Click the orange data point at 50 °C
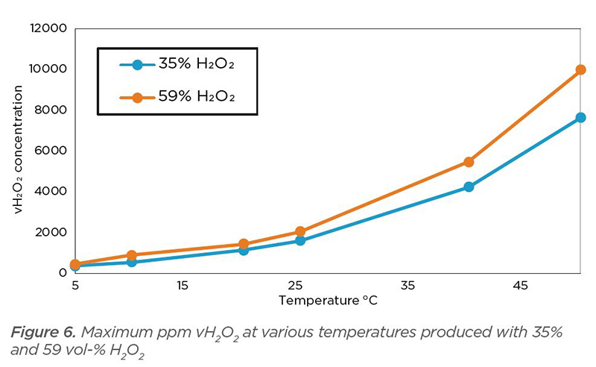[x=580, y=70]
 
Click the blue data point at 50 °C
[x=580, y=118]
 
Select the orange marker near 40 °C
[x=469, y=162]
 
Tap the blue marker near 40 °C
[x=469, y=186]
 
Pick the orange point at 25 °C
[x=299, y=232]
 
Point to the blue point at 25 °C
[x=299, y=241]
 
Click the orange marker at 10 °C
[x=131, y=255]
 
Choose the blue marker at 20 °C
[x=244, y=250]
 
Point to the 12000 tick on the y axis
[x=49, y=28]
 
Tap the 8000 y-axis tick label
[x=52, y=110]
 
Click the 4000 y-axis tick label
[x=52, y=191]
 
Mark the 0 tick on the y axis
[x=63, y=272]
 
